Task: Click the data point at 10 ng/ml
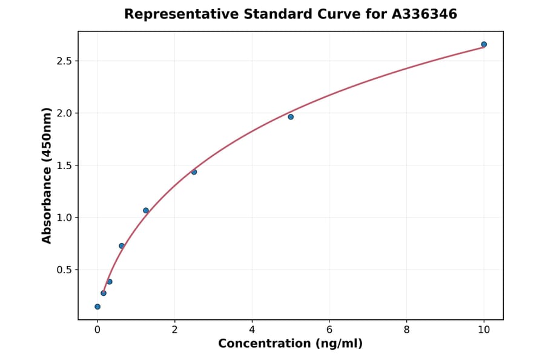coord(484,44)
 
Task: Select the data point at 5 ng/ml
coord(291,116)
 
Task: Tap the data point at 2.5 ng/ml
coord(194,172)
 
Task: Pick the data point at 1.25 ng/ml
coord(146,210)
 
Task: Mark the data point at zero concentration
coord(97,307)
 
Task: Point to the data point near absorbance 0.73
coord(122,245)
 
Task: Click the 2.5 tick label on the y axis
coord(64,61)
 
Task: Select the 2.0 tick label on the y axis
coord(64,113)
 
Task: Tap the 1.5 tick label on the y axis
coord(64,165)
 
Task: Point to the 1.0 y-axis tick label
coord(64,218)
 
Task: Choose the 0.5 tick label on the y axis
coord(64,270)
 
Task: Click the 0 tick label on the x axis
coord(97,330)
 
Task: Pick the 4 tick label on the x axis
coord(252,330)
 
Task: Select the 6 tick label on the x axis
coord(329,330)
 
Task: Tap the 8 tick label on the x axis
coord(406,330)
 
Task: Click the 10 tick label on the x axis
coord(484,330)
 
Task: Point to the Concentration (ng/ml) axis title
coord(290,344)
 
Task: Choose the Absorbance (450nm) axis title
coord(47,175)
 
